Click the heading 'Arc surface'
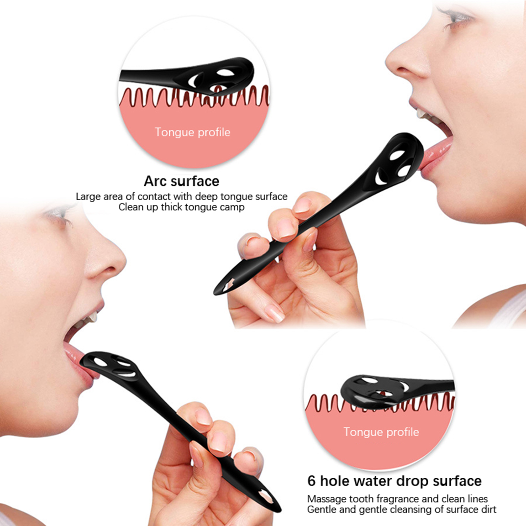(x=181, y=181)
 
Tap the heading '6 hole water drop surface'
(x=394, y=481)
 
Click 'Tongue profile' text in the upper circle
(x=193, y=132)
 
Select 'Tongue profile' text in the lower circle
(x=381, y=432)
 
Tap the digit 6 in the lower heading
(x=311, y=481)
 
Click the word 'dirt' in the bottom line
(x=488, y=509)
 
